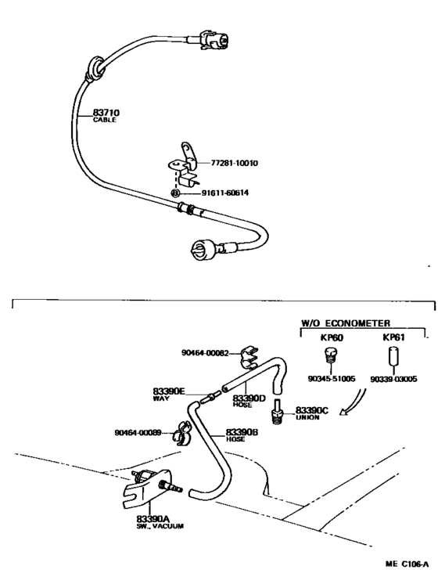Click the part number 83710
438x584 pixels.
[106, 112]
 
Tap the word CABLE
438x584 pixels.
[105, 120]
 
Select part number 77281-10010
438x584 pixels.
[234, 163]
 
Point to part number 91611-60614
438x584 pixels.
[225, 193]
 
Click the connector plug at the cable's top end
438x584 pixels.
[214, 40]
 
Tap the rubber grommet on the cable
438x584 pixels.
[95, 69]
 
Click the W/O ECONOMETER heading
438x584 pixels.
[346, 323]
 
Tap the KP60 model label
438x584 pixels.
[332, 338]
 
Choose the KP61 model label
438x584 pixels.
[393, 337]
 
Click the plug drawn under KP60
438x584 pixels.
[330, 355]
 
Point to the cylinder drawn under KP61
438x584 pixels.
[394, 356]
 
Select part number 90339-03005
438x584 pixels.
[393, 379]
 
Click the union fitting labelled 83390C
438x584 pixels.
[278, 413]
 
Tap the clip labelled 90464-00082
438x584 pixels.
[249, 356]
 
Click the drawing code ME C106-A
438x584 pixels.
[407, 564]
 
